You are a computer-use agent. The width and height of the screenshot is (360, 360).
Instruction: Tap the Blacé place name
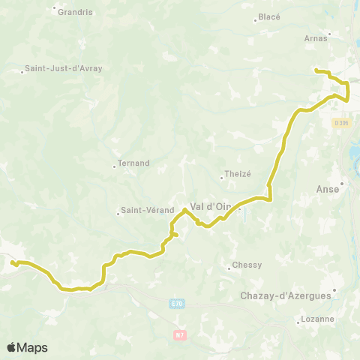click(x=269, y=16)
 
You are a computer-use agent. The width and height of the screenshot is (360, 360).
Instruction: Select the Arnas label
click(x=316, y=37)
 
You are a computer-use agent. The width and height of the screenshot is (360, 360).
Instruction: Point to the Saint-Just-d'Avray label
click(x=64, y=68)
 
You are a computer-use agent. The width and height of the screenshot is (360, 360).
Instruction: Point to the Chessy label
click(x=247, y=265)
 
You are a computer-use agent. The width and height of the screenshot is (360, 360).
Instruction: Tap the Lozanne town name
click(x=318, y=319)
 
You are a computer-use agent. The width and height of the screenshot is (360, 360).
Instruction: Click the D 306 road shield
click(x=342, y=123)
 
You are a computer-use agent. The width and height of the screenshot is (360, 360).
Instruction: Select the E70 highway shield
click(x=175, y=303)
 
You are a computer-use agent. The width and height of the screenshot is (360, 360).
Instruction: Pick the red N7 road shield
click(x=180, y=334)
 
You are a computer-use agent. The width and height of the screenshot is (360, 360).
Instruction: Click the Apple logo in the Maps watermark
click(x=12, y=347)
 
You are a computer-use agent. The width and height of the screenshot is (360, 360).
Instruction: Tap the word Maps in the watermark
click(x=32, y=347)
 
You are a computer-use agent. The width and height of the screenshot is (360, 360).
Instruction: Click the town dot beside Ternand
click(x=114, y=166)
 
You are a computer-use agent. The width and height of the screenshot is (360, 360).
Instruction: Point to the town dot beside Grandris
click(x=55, y=9)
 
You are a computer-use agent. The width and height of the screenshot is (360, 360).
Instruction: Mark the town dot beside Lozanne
click(x=298, y=322)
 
